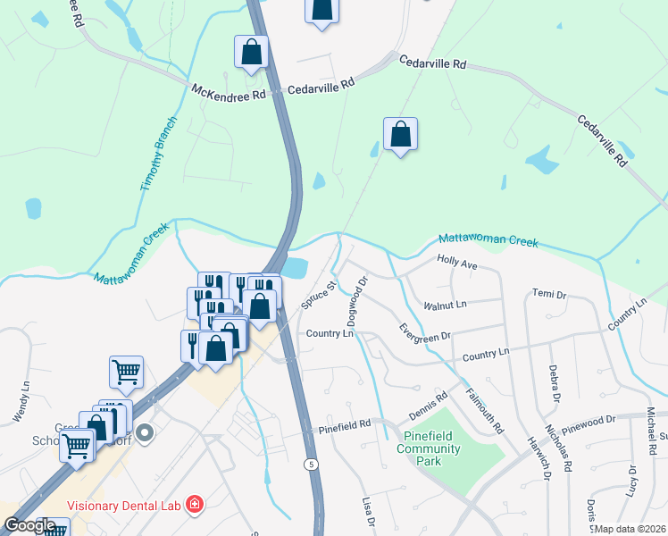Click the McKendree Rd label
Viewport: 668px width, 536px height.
tap(229, 91)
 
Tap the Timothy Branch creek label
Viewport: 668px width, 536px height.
tap(159, 153)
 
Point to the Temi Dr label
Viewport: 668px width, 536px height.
tap(549, 294)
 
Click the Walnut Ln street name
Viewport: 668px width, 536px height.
tap(446, 305)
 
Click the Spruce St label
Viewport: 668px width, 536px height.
tap(318, 295)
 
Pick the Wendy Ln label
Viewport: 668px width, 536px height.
tap(18, 403)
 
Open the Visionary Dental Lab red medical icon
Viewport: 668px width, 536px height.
tap(194, 507)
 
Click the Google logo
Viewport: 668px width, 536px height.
tap(29, 525)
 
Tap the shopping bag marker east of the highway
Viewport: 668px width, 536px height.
tap(401, 135)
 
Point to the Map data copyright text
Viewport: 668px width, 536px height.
tap(630, 529)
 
